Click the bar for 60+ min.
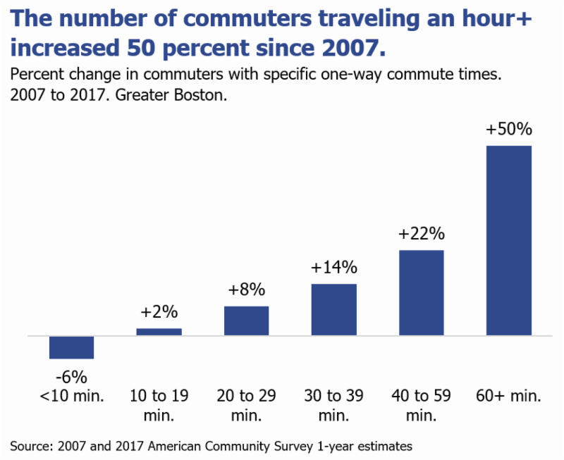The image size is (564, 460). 509,240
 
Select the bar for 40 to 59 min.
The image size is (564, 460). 422,292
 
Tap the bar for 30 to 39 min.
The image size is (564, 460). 334,309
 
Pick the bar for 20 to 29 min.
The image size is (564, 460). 246,321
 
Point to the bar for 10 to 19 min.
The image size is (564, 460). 159,331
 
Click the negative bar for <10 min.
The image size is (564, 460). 71,347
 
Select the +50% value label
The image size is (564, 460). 509,130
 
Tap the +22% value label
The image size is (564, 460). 422,235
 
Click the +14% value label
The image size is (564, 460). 334,268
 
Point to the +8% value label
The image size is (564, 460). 246,290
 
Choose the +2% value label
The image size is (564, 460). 159,312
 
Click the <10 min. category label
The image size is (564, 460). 71,396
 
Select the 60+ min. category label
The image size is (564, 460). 509,396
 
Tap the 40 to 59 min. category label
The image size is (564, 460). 422,405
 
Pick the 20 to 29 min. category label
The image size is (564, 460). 246,405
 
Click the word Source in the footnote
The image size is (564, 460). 31,445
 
